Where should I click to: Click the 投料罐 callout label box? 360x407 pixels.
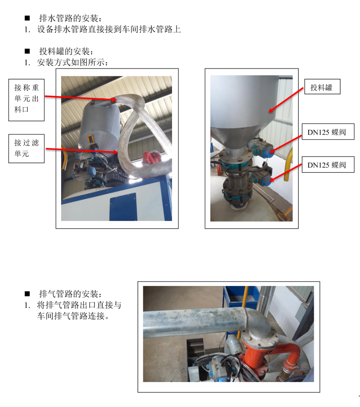pos(322,86)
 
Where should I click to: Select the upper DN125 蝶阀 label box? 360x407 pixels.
pos(328,132)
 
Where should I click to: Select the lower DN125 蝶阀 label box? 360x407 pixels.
pos(328,164)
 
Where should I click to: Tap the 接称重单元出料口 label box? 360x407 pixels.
pos(26,100)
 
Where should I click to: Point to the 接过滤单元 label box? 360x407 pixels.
pos(26,148)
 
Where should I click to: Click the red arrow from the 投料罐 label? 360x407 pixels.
pos(286,100)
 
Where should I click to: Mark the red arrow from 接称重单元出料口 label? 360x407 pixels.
pos(81,98)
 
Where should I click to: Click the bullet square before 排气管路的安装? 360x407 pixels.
pos(27,294)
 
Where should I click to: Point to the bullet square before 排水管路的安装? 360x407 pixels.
pos(27,18)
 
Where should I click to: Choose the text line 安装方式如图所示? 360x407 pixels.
pos(72,62)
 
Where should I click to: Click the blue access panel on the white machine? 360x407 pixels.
pos(123,207)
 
